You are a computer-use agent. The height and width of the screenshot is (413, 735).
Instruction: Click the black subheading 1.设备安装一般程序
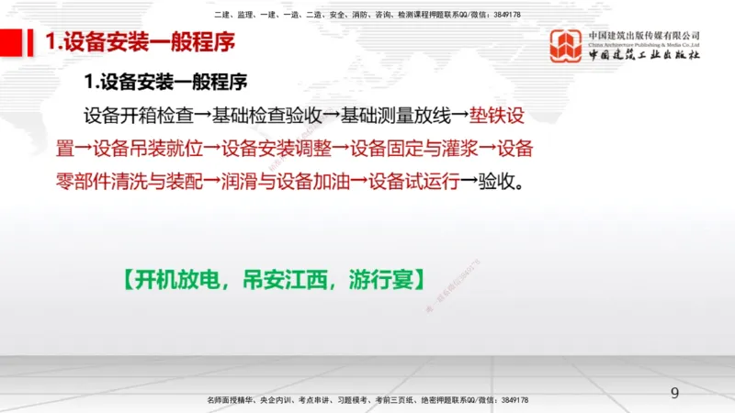[165, 83]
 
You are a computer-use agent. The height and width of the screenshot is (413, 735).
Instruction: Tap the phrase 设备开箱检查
[138, 117]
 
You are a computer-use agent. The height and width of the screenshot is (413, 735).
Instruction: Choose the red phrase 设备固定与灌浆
[413, 148]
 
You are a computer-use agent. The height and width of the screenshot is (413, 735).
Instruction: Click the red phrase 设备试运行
[413, 179]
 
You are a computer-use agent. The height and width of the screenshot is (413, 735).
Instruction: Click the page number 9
[675, 394]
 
